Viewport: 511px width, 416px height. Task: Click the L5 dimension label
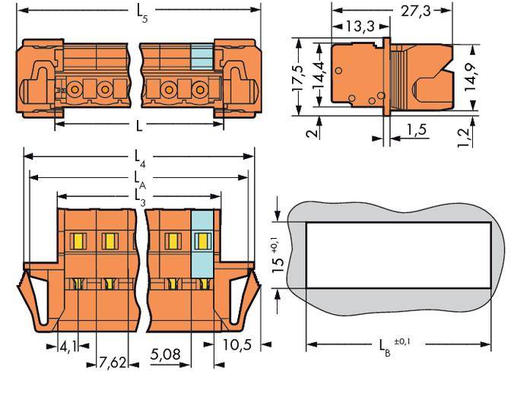pyautogui.click(x=140, y=12)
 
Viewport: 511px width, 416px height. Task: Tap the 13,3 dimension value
pyautogui.click(x=358, y=28)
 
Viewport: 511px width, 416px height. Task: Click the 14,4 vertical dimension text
pyautogui.click(x=322, y=71)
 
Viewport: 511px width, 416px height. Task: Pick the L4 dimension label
pyautogui.click(x=140, y=157)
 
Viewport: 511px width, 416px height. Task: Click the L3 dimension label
pyautogui.click(x=140, y=195)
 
